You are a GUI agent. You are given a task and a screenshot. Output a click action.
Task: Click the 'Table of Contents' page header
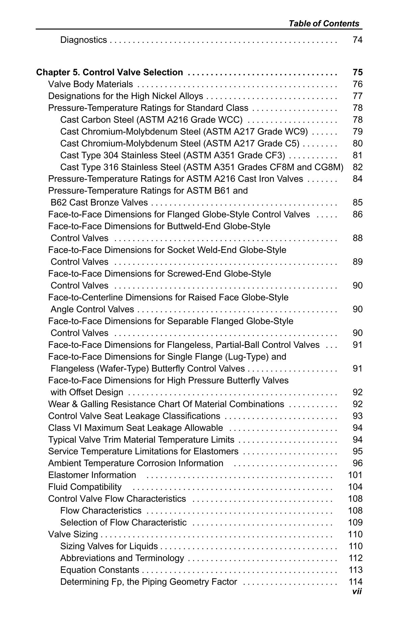point(324,24)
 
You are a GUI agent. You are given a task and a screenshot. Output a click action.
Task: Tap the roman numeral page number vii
point(357,591)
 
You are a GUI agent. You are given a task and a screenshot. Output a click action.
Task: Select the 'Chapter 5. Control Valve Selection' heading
point(109,72)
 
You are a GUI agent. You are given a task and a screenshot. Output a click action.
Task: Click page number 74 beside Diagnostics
point(357,40)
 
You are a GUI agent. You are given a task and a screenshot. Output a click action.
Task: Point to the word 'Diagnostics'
point(83,40)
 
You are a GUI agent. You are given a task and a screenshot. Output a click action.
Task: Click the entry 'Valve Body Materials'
point(90,84)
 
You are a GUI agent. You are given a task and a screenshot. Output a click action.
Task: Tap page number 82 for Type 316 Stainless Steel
point(357,167)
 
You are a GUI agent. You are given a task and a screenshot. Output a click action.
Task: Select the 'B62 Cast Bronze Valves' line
point(99,203)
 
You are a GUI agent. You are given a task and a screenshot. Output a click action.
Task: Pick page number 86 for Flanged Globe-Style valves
point(357,214)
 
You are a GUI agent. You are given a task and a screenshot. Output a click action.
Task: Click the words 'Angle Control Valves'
point(92,309)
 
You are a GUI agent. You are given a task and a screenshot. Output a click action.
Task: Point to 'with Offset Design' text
point(87,392)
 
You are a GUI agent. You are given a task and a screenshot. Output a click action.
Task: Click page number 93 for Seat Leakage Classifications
point(357,416)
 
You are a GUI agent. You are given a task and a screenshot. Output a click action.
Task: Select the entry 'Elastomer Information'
point(92,475)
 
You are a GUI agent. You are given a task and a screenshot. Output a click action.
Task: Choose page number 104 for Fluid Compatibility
point(355,487)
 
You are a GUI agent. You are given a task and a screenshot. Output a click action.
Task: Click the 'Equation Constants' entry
point(100,570)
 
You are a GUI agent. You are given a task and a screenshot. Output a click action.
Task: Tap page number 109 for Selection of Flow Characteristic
point(355,522)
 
